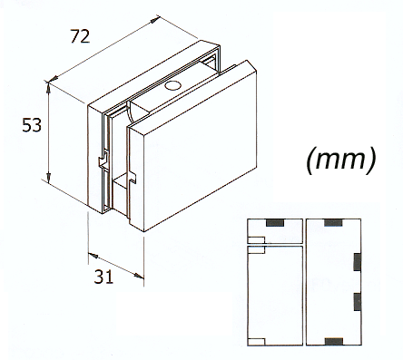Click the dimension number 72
point(80,36)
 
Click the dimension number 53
point(32,125)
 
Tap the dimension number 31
point(103,277)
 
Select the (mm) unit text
point(341,160)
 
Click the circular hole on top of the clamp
point(172,86)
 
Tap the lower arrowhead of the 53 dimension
point(49,176)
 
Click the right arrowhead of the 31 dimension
point(139,276)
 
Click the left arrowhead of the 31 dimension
point(93,256)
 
